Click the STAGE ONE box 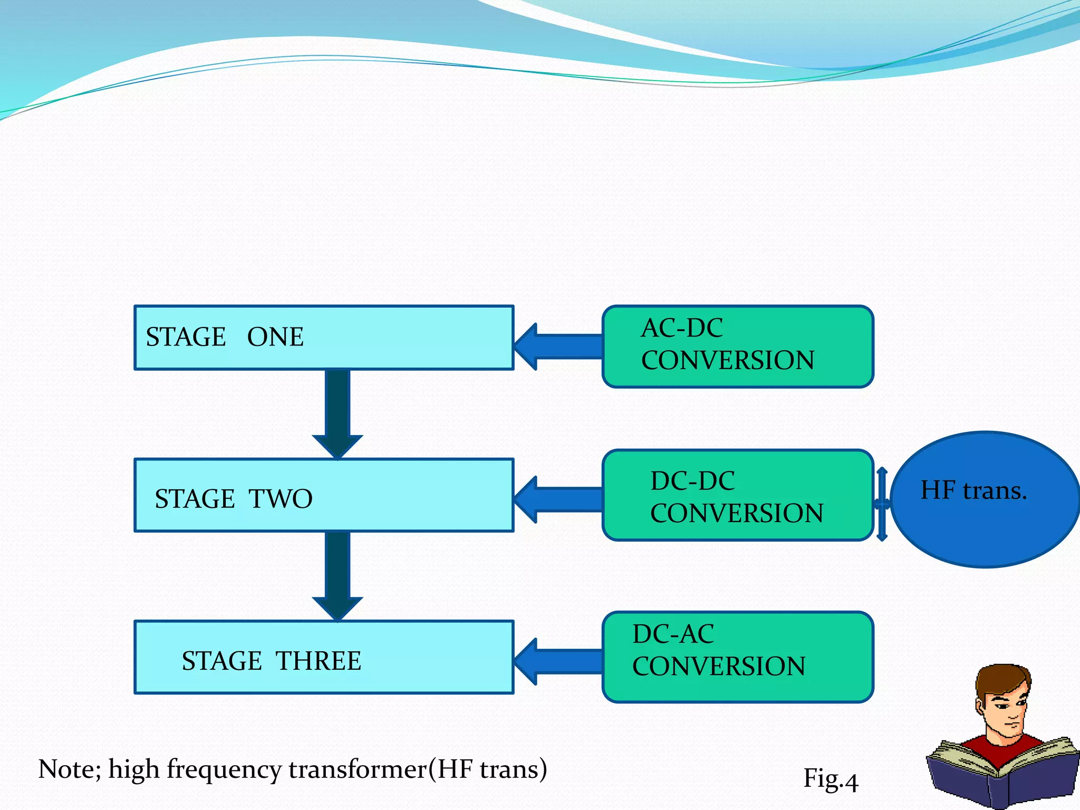[324, 337]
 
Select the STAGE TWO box [324, 495]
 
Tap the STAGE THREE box [324, 657]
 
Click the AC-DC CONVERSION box [737, 346]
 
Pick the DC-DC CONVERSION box [737, 495]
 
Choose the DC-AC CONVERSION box [737, 657]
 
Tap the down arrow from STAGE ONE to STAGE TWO [337, 414]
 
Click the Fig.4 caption [830, 779]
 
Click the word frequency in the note [224, 770]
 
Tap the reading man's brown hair [999, 681]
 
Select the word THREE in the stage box [319, 661]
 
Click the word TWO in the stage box [281, 499]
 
